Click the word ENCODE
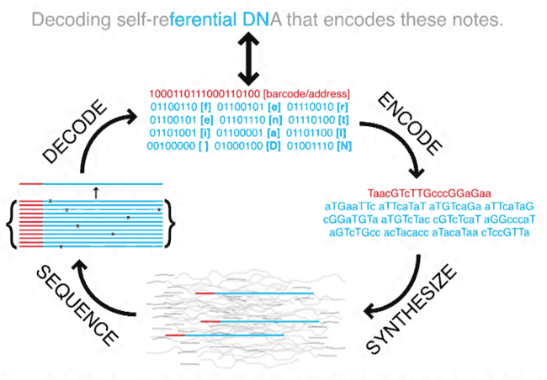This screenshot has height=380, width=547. click(x=410, y=124)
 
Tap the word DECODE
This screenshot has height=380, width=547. click(x=74, y=131)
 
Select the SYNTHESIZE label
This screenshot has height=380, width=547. click(x=412, y=309)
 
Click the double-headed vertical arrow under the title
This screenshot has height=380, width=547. click(x=248, y=59)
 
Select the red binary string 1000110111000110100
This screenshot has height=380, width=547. click(x=204, y=94)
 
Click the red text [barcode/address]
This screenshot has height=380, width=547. click(x=306, y=94)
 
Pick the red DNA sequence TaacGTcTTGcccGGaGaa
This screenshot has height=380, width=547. click(x=429, y=193)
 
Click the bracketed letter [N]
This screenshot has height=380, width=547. click(x=344, y=145)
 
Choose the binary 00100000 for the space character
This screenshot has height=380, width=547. click(x=171, y=145)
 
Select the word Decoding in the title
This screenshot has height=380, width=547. click(x=72, y=20)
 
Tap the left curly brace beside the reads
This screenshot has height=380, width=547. click(x=12, y=224)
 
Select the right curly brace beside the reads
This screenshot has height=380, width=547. click(x=169, y=224)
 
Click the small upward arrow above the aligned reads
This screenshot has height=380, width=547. click(x=96, y=193)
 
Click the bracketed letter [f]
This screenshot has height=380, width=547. click(x=206, y=107)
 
